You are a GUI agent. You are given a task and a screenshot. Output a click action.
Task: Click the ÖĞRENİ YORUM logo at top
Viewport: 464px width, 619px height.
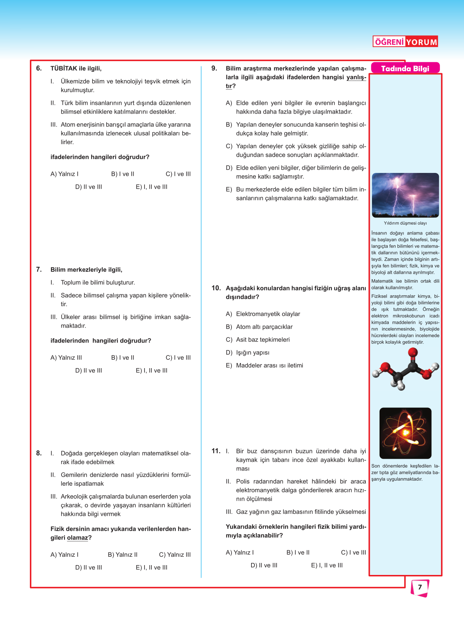[405, 42]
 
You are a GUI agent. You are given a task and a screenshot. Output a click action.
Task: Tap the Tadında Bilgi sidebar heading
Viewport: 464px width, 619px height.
[405, 68]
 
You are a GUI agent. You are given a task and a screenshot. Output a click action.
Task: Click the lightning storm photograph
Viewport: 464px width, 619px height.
[405, 195]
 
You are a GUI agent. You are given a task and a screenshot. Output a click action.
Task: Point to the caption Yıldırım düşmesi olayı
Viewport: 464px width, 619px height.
[405, 223]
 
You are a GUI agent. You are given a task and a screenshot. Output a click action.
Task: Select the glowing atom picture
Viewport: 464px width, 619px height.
[405, 433]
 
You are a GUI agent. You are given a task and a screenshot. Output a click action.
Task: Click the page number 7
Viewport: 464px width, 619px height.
[420, 587]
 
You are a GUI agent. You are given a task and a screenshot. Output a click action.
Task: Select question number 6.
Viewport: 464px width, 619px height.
[39, 68]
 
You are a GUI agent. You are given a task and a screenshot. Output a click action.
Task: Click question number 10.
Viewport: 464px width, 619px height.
[216, 288]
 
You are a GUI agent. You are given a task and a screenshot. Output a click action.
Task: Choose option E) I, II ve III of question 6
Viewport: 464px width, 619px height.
[151, 187]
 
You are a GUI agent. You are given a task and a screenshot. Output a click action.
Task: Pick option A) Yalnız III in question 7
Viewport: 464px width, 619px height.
[66, 358]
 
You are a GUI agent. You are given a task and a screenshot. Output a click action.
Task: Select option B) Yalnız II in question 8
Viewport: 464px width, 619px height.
[123, 555]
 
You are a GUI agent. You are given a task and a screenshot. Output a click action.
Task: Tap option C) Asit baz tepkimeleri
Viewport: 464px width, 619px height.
[258, 340]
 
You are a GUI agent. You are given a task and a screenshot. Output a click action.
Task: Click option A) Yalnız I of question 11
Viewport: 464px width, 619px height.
[240, 552]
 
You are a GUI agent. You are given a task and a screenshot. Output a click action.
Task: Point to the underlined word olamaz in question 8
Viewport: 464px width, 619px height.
[78, 538]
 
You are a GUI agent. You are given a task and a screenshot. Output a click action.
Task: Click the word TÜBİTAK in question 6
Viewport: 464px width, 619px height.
[64, 68]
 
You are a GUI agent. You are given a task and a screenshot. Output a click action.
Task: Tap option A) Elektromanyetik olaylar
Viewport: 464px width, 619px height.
[263, 314]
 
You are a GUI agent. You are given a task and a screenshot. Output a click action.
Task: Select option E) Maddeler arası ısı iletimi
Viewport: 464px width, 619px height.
[264, 365]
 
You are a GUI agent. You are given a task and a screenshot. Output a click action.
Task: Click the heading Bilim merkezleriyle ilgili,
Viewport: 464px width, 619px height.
[86, 270]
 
